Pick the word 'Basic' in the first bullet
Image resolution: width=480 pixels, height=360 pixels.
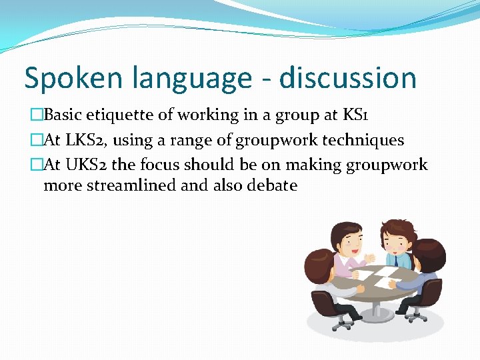(x=63, y=115)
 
